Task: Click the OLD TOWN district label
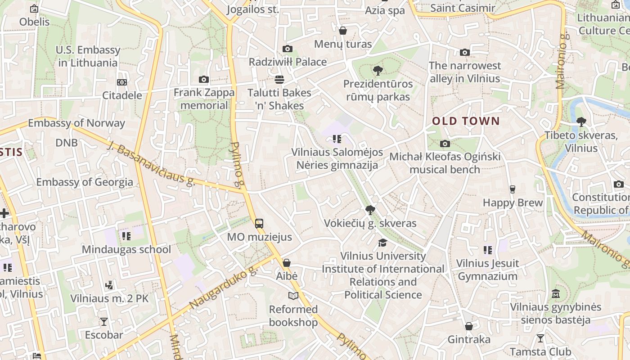[466, 121]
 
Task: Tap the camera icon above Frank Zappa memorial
[204, 80]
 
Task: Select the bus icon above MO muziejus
[259, 223]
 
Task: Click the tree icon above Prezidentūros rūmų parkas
[378, 70]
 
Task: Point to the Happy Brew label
[513, 203]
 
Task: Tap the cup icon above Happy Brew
[512, 189]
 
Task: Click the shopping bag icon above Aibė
[287, 263]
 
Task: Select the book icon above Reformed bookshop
[293, 296]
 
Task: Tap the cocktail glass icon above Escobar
[104, 321]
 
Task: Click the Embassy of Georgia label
[85, 182]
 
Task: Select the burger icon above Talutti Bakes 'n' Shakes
[279, 80]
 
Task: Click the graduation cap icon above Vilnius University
[382, 243]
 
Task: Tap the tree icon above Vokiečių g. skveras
[370, 210]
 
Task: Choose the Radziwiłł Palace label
[288, 62]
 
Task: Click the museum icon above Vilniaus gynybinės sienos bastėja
[556, 293]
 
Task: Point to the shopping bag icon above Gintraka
[469, 326]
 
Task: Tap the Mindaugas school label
[126, 250]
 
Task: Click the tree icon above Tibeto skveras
[581, 121]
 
